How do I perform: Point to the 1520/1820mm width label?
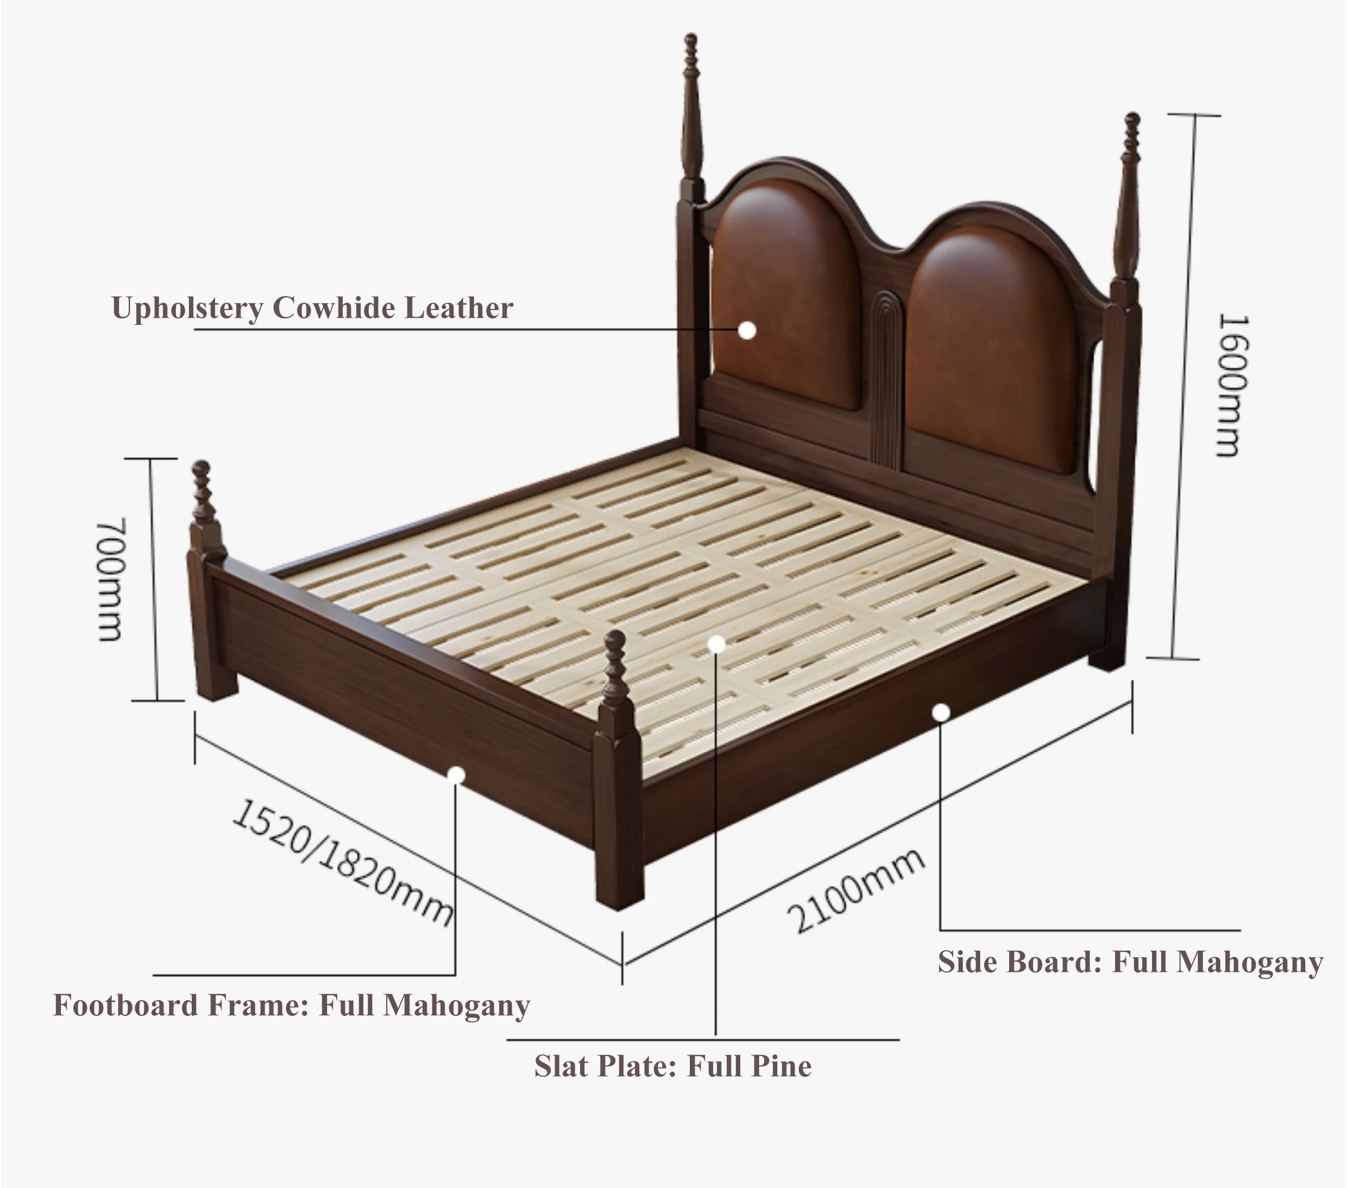tap(343, 861)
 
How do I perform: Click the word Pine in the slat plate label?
tap(782, 1066)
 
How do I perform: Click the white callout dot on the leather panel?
tap(747, 331)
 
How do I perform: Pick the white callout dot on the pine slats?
tap(716, 644)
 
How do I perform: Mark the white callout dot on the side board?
tap(940, 712)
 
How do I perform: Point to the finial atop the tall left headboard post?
tap(691, 53)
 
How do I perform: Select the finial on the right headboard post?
tap(1132, 132)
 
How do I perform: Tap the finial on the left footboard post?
tap(202, 484)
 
